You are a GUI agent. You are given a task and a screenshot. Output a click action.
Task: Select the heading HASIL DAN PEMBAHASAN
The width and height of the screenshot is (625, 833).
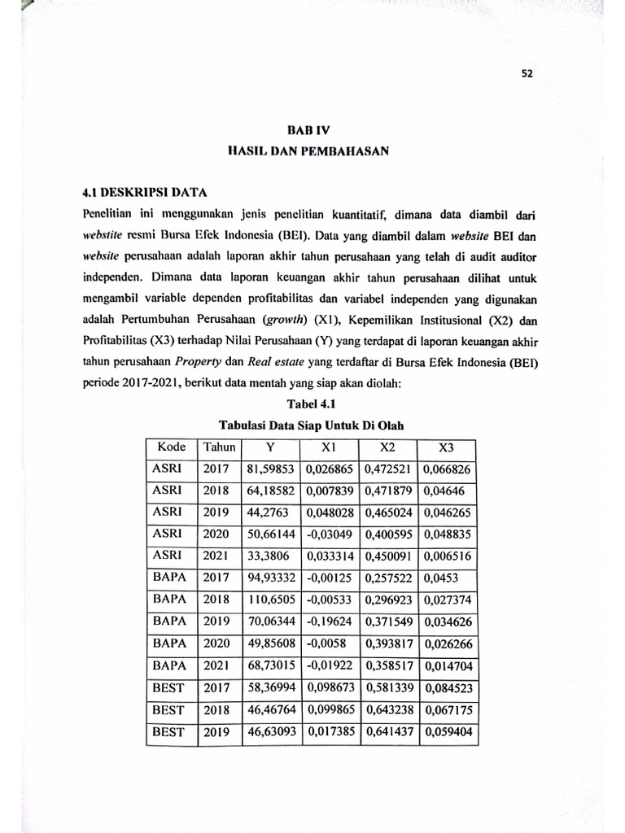click(311, 150)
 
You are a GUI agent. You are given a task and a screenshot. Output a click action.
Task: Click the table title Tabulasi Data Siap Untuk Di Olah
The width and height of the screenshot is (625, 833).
click(311, 426)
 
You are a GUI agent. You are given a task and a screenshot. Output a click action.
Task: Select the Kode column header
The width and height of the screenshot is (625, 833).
click(172, 447)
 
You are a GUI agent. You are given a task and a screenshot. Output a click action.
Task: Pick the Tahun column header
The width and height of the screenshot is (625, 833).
click(220, 447)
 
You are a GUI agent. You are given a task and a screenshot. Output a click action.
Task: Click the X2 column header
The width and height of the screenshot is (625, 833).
click(387, 447)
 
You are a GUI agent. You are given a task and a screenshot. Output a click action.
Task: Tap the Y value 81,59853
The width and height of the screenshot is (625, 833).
click(272, 469)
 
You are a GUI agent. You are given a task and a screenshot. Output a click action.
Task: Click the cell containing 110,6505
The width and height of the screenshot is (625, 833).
click(272, 598)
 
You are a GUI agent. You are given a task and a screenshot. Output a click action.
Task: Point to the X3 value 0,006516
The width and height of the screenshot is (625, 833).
click(447, 555)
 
